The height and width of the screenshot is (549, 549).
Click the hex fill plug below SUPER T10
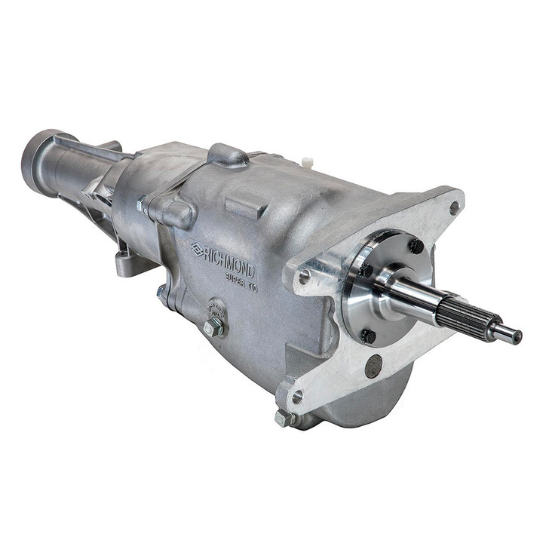tap(213, 327)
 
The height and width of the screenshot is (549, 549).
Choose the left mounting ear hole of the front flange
tap(303, 276)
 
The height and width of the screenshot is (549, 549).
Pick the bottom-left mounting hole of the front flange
tap(297, 395)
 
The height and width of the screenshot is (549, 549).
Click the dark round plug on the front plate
tap(373, 366)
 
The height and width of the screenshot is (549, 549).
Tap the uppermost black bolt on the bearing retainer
tap(416, 245)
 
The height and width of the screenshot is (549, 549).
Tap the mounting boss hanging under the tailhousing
tap(127, 263)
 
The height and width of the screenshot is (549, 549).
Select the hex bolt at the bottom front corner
tap(284, 417)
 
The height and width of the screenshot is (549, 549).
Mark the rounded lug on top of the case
tap(227, 154)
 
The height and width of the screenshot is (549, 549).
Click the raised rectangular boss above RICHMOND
tap(245, 205)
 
